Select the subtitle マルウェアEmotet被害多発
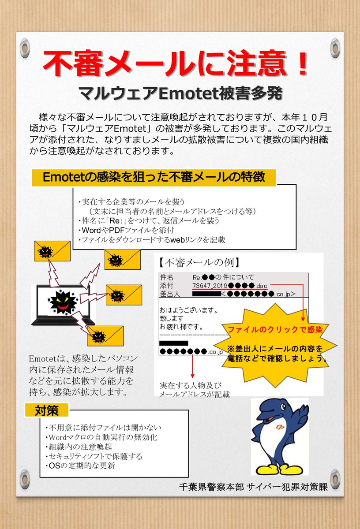pos(180,93)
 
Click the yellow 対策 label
pos(46,411)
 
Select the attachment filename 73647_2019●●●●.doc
pos(230,286)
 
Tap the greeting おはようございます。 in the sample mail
pos(190,310)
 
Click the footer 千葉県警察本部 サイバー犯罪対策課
pos(254,488)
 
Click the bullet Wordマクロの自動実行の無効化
pos(101,437)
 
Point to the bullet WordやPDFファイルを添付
pos(125,230)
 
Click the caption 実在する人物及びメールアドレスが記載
pos(195,390)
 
